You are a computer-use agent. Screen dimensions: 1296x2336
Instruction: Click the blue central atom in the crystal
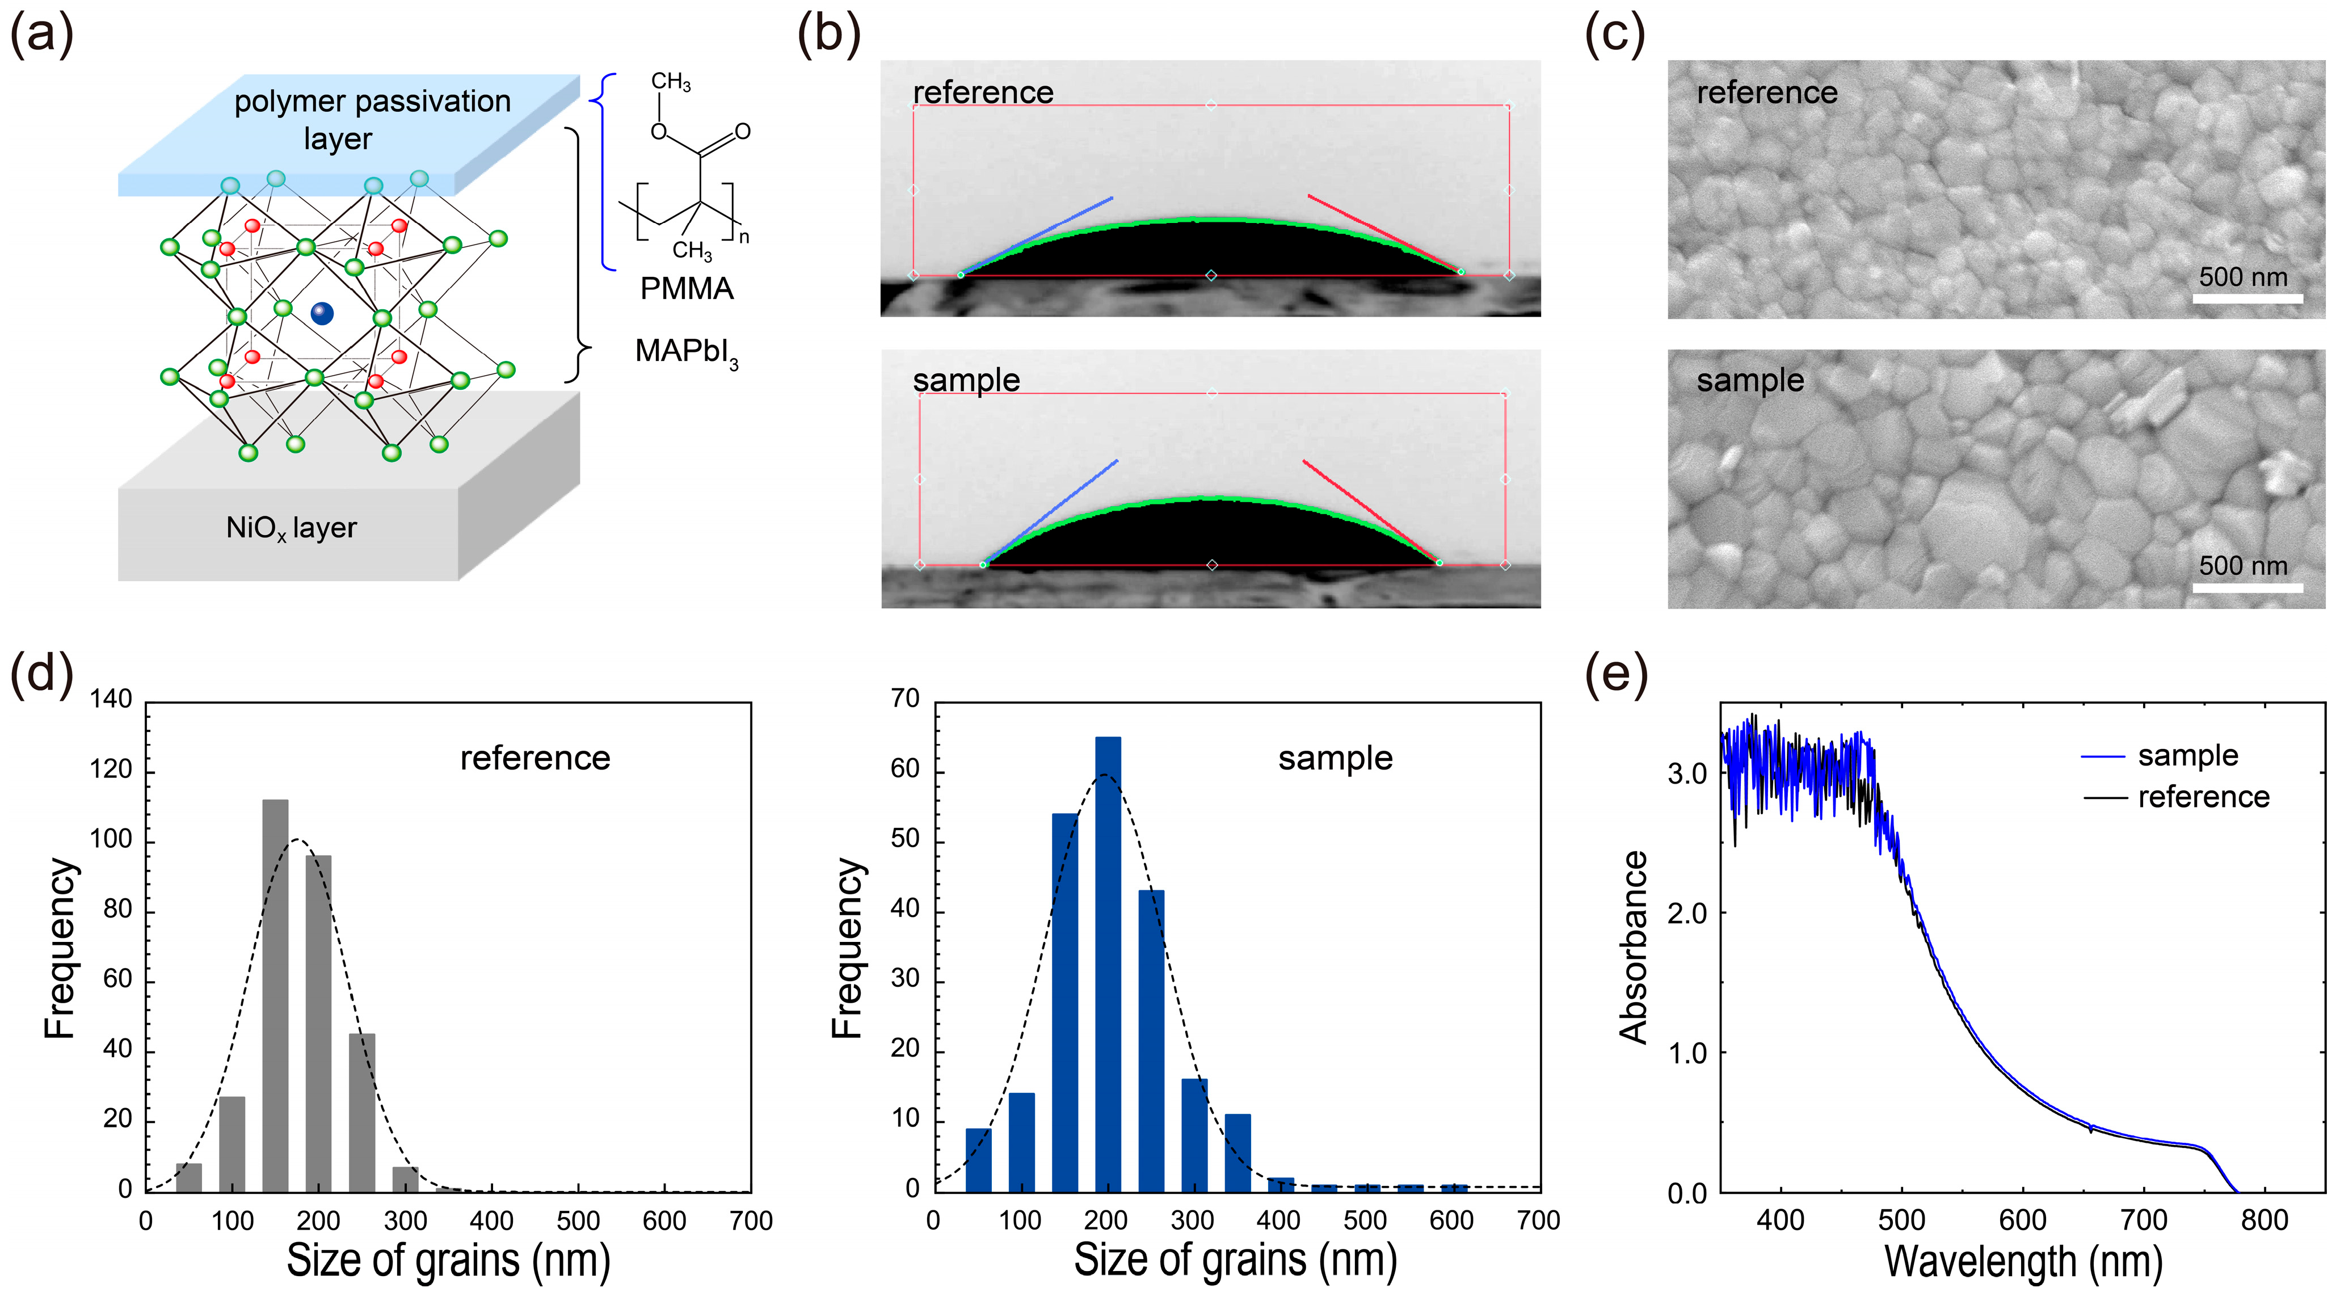pos(322,314)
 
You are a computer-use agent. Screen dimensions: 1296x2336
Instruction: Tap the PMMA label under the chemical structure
pos(687,288)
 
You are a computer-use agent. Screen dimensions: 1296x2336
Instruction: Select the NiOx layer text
pos(291,528)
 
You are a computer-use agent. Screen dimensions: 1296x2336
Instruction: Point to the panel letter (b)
pos(828,36)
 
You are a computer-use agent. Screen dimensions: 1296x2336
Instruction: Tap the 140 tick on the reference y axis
pos(111,699)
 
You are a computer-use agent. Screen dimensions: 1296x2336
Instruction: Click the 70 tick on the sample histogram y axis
pos(905,699)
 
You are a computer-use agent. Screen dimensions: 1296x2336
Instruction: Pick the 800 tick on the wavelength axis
pos(2265,1220)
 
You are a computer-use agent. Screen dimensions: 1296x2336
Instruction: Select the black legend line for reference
pos(2104,797)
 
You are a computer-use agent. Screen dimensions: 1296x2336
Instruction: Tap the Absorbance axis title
pos(1633,947)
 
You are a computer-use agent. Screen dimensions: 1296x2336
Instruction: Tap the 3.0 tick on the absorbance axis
pos(1687,773)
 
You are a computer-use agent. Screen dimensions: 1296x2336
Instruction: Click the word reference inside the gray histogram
pos(535,758)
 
